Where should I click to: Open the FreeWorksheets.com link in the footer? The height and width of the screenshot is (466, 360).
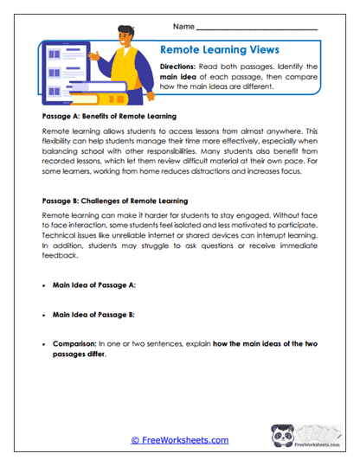[179, 440]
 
